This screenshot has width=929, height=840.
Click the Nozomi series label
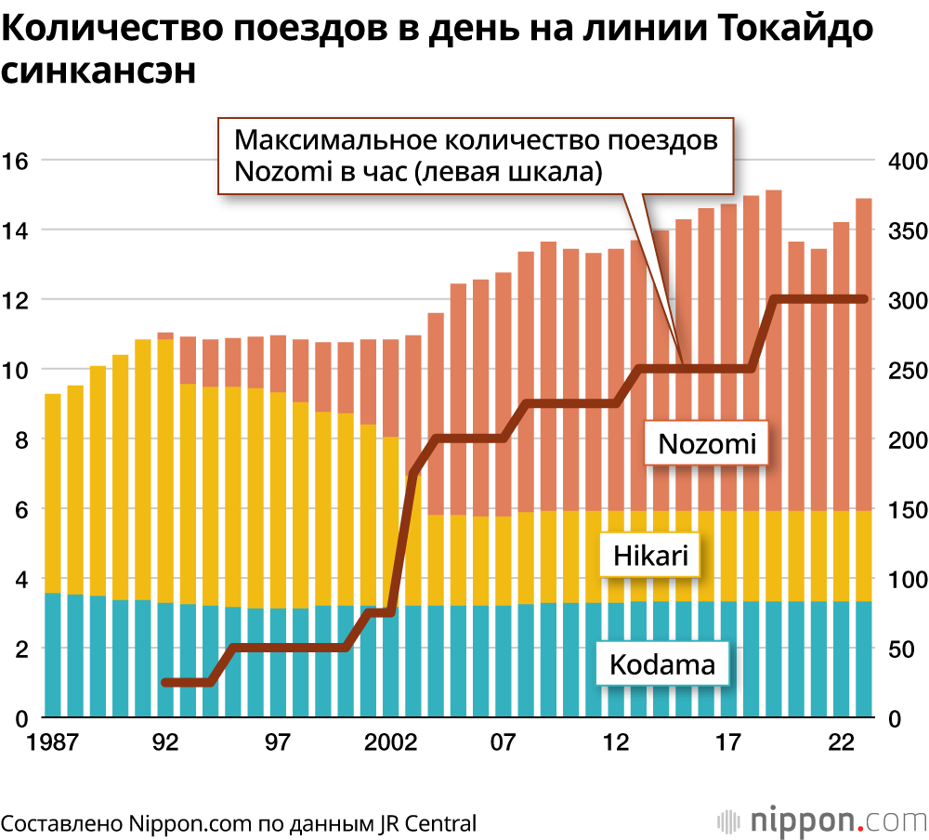pos(707,444)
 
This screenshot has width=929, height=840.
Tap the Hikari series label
pos(651,556)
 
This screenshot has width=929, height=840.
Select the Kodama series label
pos(662,665)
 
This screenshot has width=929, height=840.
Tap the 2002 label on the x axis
pos(390,743)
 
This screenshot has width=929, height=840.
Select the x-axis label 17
pos(728,743)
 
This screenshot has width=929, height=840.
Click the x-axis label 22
pos(841,743)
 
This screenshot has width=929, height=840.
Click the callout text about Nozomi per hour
pos(476,155)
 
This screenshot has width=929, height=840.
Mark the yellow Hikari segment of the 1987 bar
pos(53,492)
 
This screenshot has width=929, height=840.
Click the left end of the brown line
pos(165,683)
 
